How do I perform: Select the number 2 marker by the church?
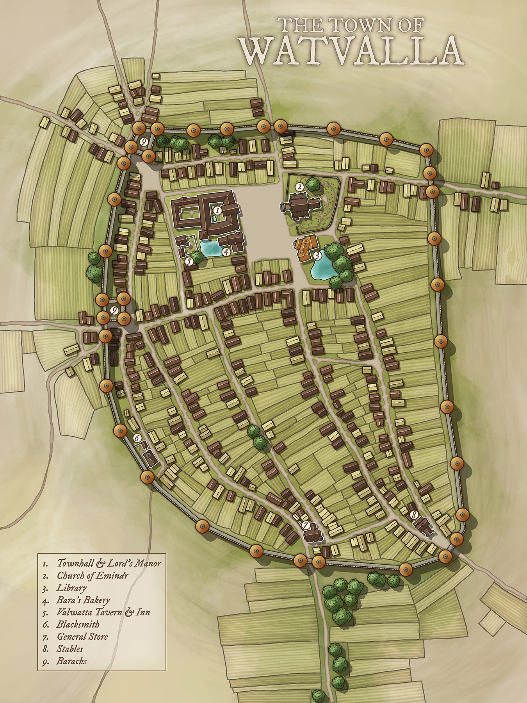(x=299, y=187)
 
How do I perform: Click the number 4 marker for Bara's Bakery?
(x=226, y=252)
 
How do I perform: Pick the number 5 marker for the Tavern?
(x=189, y=262)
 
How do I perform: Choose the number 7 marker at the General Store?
(x=306, y=525)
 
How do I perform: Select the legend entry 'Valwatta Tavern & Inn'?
(x=103, y=612)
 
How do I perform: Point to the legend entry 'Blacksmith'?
(x=78, y=624)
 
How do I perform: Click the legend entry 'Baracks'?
(x=71, y=661)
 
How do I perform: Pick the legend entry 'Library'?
(x=71, y=587)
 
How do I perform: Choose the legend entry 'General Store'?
(x=82, y=636)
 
